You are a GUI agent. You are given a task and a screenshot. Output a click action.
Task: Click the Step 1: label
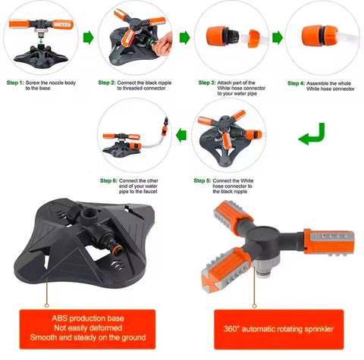click(x=15, y=83)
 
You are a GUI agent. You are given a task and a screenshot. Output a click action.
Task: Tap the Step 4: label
click(x=296, y=83)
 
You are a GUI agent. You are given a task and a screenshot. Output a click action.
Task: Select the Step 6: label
click(x=108, y=180)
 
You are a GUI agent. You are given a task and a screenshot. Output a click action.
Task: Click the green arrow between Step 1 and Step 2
click(x=89, y=38)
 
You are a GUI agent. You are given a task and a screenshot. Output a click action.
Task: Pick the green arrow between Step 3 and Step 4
click(x=278, y=38)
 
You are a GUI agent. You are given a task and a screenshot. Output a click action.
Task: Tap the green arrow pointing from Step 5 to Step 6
click(x=181, y=135)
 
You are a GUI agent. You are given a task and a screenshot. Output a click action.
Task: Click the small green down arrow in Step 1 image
click(x=41, y=39)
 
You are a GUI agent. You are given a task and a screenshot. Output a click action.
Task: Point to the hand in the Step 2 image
click(x=164, y=45)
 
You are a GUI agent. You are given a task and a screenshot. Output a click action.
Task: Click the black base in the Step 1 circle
click(x=41, y=54)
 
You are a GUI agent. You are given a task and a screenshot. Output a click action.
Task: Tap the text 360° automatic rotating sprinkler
click(x=278, y=329)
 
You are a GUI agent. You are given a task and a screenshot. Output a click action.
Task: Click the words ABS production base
click(x=88, y=318)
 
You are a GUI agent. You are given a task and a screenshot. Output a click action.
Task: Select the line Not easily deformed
click(x=88, y=327)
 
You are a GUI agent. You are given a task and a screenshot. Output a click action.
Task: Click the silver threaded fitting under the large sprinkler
click(x=265, y=268)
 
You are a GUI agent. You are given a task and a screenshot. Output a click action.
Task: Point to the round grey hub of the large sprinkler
click(x=264, y=236)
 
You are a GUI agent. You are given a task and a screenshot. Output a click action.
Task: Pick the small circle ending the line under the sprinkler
click(x=255, y=306)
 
